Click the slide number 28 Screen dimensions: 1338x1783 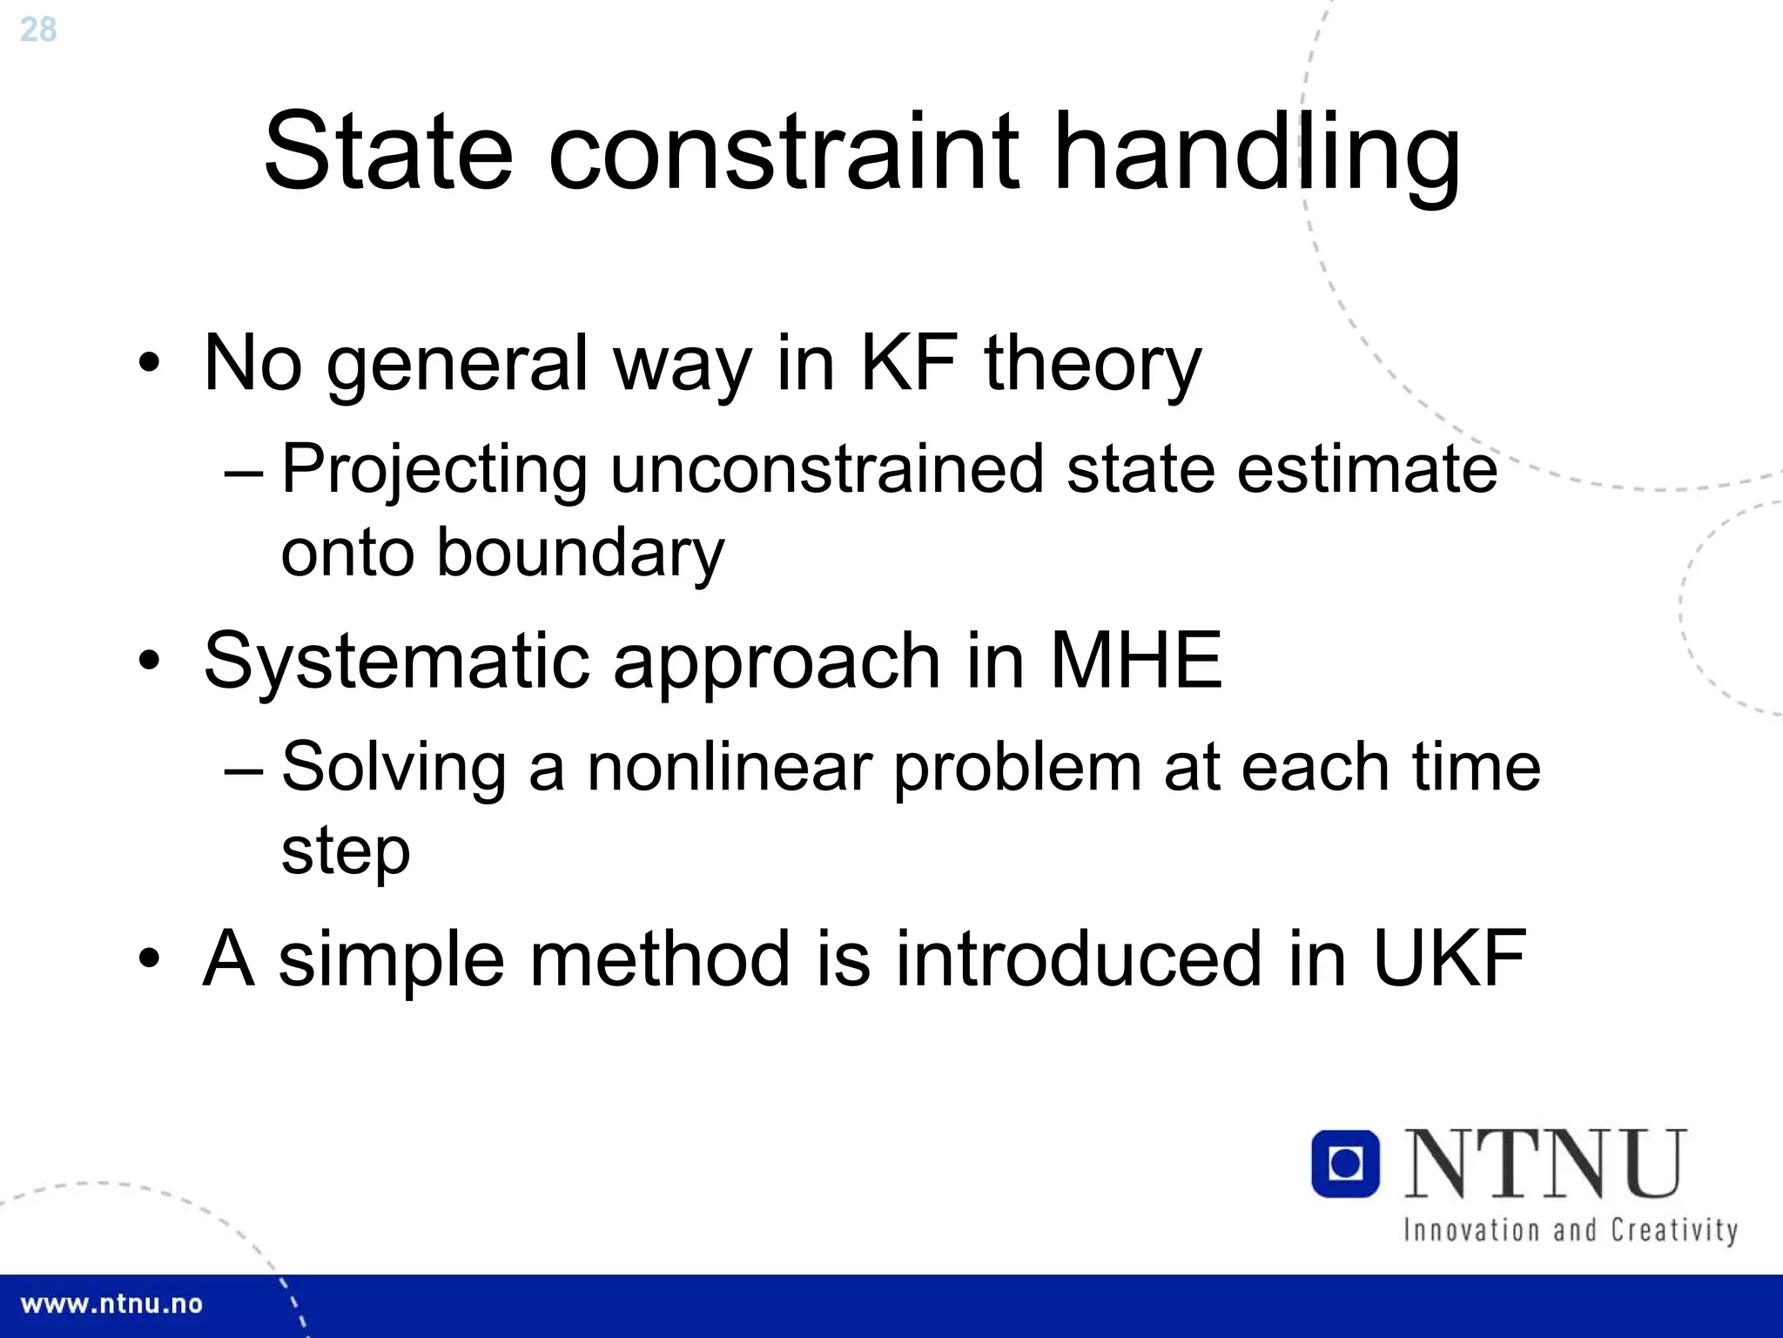click(37, 30)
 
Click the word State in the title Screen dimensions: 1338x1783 click(388, 151)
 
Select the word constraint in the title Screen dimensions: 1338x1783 click(784, 151)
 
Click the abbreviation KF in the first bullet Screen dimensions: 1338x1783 click(909, 363)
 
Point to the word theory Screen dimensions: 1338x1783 click(1093, 366)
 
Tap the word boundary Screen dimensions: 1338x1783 click(580, 554)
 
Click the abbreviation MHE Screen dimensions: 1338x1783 click(1136, 661)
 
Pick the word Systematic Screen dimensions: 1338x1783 click(395, 662)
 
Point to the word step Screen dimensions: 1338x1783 click(346, 851)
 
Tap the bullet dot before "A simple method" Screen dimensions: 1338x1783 click(149, 958)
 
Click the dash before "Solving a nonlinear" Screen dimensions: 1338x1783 click(243, 770)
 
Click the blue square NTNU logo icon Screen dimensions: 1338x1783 click(1345, 1163)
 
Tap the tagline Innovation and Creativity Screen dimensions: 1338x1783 click(1570, 1230)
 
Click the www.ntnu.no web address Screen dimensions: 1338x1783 click(111, 1304)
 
